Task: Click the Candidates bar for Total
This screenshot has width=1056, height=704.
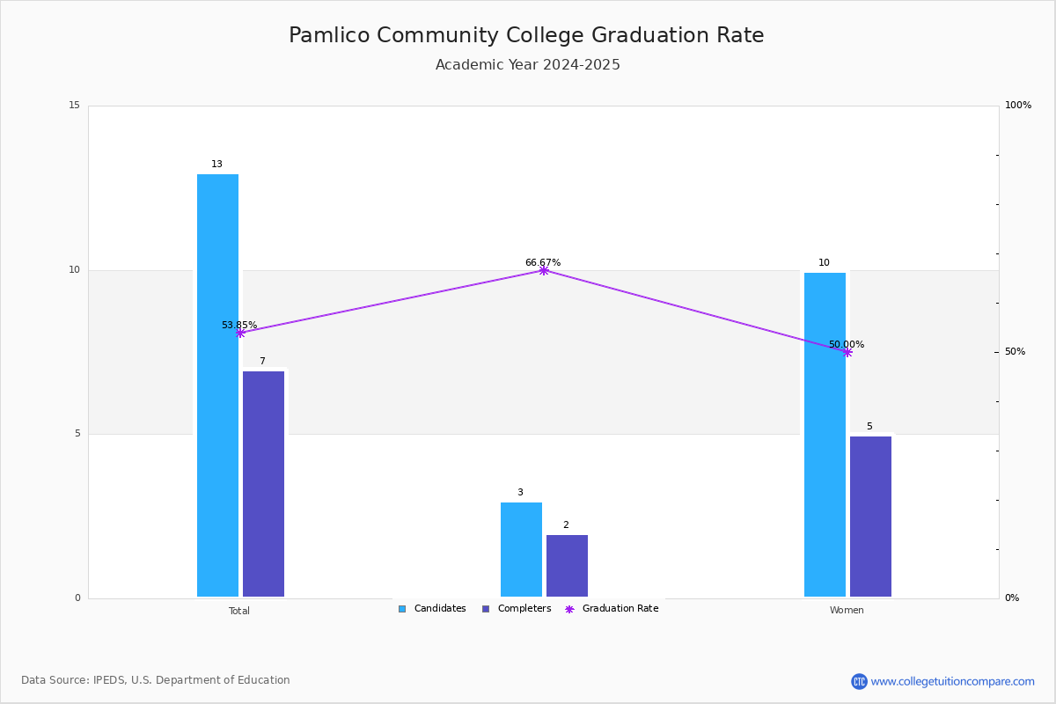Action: click(217, 385)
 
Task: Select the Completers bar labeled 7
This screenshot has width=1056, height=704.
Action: click(263, 484)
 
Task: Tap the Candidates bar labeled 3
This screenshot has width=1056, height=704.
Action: click(521, 549)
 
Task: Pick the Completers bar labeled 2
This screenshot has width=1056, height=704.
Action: click(567, 566)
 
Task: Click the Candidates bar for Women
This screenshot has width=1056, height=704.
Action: click(825, 435)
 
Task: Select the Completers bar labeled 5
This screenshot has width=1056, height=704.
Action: click(870, 517)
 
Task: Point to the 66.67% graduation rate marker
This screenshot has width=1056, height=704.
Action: click(544, 270)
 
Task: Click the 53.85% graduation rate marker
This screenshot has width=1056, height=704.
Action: click(240, 333)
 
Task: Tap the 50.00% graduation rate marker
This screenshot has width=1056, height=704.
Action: click(847, 352)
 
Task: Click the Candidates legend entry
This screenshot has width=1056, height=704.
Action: click(432, 609)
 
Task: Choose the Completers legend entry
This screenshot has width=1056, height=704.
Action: click(517, 609)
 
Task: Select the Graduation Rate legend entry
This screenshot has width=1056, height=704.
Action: click(612, 609)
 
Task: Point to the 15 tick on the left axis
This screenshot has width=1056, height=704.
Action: click(75, 105)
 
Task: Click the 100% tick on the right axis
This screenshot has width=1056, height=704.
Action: click(1018, 105)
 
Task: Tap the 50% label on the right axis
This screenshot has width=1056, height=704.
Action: click(1015, 352)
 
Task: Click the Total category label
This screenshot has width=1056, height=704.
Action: click(239, 611)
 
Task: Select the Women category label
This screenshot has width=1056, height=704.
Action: click(847, 610)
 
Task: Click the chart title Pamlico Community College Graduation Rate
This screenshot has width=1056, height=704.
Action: click(526, 35)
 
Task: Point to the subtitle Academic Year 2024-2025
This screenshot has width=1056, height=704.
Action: click(527, 64)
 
